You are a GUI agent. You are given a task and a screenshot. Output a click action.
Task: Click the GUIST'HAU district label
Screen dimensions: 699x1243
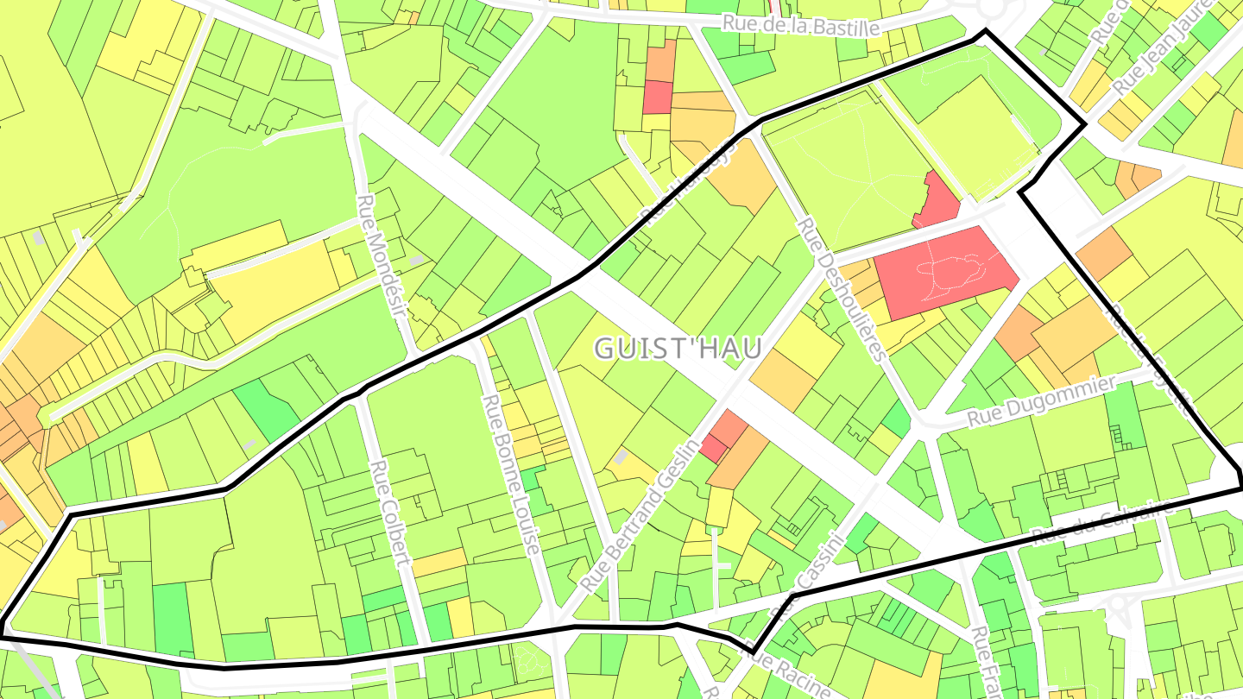[678, 348]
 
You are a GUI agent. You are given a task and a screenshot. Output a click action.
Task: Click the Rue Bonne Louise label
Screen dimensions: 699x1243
[510, 474]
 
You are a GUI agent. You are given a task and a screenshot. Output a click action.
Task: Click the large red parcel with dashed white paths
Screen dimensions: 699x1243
[945, 270]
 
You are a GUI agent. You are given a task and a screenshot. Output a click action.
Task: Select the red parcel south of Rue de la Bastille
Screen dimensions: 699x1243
[658, 97]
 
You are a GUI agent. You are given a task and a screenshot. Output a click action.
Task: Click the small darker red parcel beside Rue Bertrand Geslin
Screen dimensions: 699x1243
[714, 448]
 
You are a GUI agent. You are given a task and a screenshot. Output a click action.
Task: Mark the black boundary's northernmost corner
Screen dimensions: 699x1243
[984, 31]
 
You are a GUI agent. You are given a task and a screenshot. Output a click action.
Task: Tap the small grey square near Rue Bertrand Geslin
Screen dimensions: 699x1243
[621, 457]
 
